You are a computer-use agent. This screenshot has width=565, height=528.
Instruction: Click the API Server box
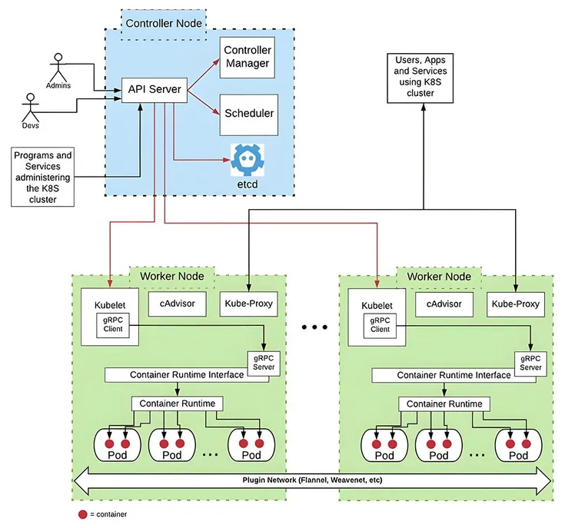(x=155, y=90)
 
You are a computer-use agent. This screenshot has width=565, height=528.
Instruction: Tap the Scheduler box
(x=248, y=113)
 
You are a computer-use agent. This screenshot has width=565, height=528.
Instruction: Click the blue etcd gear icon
(x=248, y=160)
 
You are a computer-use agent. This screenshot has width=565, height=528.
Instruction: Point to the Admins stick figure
(x=58, y=68)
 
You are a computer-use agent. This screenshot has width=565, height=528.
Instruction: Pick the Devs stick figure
(x=30, y=108)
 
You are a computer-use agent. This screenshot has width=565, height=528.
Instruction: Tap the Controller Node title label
(x=163, y=23)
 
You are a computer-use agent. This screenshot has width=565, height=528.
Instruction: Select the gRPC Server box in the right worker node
(x=530, y=363)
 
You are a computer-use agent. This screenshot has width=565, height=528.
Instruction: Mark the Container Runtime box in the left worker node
(x=178, y=403)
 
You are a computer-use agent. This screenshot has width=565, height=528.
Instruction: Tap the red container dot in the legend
(x=83, y=513)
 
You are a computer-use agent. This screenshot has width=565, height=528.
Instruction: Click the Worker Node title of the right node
(x=439, y=276)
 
